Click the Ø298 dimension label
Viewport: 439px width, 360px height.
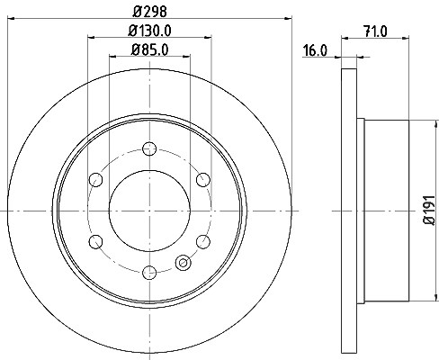(x=149, y=12)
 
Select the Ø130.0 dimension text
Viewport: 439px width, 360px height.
(x=149, y=31)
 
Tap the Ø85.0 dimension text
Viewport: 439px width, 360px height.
(x=149, y=49)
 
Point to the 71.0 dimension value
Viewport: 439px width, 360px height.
(x=375, y=31)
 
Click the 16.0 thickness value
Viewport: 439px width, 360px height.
(x=315, y=50)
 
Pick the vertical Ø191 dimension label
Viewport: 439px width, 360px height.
(x=429, y=210)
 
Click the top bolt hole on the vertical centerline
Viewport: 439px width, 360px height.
(x=149, y=148)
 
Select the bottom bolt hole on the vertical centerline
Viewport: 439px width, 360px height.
(x=149, y=273)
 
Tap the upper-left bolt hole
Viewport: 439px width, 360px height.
(x=96, y=180)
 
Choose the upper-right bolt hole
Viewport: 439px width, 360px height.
(x=203, y=180)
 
